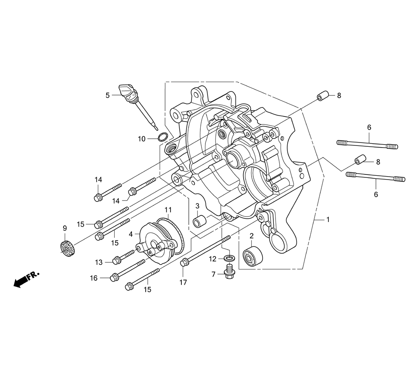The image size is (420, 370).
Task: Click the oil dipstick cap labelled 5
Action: (127, 93)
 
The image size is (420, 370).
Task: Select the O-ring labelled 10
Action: (163, 137)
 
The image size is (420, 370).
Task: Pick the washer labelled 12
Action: (230, 258)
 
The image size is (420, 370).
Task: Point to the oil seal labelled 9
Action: (67, 248)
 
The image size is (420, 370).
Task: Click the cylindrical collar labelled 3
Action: (200, 221)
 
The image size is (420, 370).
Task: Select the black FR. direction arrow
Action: (26, 279)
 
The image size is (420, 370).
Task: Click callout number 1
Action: (328, 219)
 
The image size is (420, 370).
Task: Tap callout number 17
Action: (183, 282)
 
